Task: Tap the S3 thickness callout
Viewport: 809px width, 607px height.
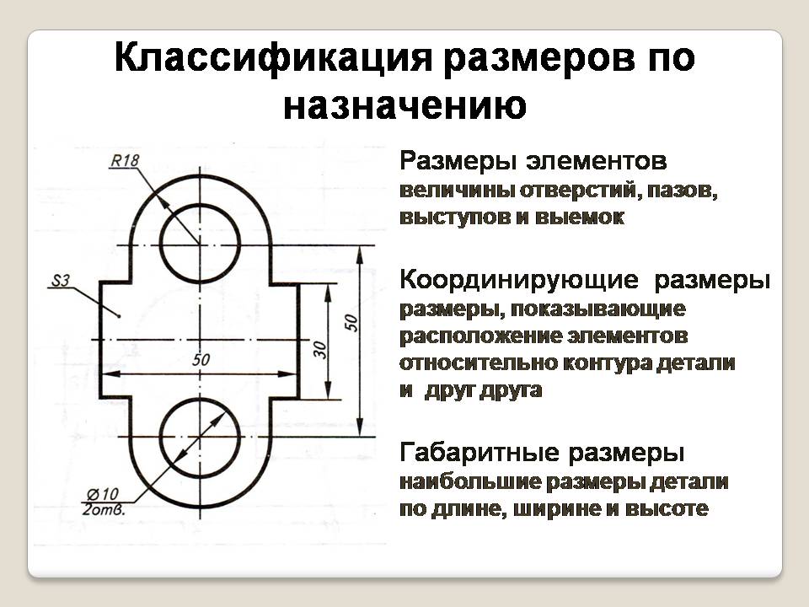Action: point(60,281)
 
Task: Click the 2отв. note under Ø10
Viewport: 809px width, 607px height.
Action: point(105,508)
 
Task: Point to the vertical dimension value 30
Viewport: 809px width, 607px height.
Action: point(320,350)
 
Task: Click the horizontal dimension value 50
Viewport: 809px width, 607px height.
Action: point(201,360)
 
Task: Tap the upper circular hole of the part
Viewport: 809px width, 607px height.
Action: point(200,244)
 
